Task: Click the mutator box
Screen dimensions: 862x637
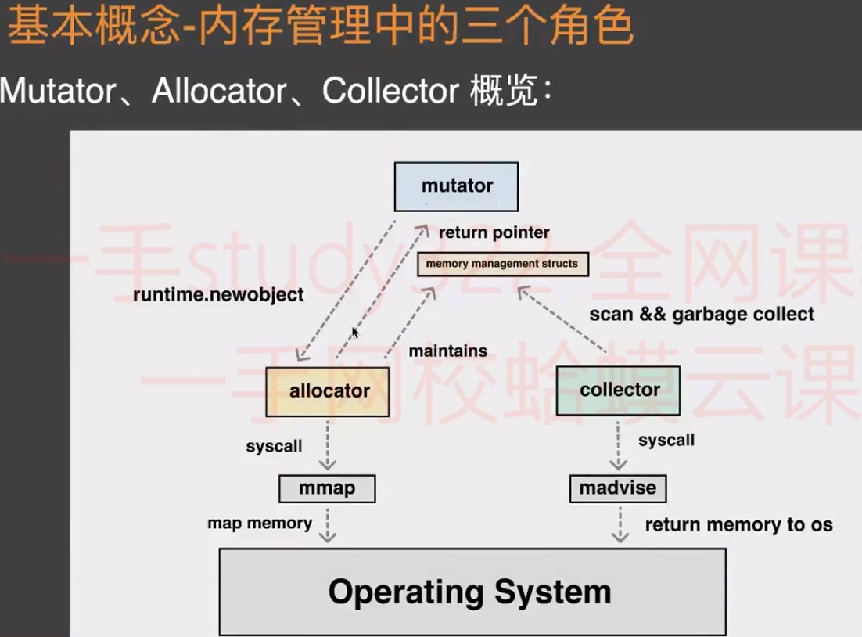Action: click(456, 186)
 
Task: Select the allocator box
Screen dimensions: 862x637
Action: click(328, 391)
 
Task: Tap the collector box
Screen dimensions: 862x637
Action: click(618, 390)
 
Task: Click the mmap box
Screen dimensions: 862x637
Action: click(327, 488)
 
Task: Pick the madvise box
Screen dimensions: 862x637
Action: click(618, 488)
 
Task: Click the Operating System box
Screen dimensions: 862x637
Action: click(472, 592)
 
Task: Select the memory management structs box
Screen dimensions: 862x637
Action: click(502, 264)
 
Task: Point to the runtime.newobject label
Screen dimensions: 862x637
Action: click(218, 295)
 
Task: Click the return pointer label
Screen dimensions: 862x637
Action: click(494, 232)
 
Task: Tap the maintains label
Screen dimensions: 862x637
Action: click(448, 351)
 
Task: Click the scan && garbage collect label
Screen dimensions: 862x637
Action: click(702, 314)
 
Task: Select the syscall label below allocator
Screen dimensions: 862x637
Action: click(274, 446)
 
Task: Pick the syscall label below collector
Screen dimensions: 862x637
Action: click(666, 440)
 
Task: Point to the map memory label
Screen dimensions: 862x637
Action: click(260, 523)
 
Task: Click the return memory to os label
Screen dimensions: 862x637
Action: click(739, 525)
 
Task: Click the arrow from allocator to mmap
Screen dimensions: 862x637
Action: click(328, 445)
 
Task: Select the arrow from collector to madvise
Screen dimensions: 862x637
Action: click(618, 445)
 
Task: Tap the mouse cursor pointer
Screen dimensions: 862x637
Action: click(355, 333)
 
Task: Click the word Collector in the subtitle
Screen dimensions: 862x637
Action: click(390, 90)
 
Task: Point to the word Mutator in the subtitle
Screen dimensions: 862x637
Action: click(58, 90)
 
